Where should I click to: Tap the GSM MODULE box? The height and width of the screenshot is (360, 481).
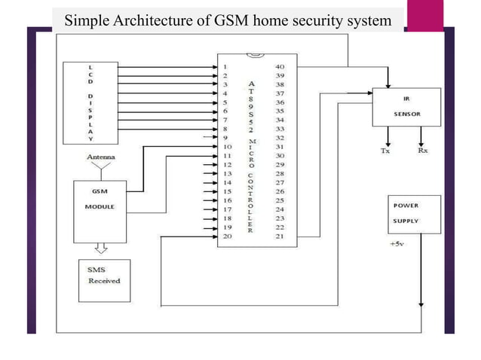(x=100, y=200)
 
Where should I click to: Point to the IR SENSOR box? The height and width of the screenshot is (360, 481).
(x=406, y=106)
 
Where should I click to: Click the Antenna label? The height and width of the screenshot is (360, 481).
(x=101, y=157)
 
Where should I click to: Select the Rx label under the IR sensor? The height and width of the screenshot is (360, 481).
(x=423, y=151)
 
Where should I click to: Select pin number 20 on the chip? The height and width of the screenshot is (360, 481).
(x=227, y=236)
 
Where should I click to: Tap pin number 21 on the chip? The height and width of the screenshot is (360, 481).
(x=280, y=236)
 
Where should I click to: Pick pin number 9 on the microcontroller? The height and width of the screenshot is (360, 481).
(x=225, y=139)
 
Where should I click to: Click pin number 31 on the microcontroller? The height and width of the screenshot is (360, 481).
(x=280, y=148)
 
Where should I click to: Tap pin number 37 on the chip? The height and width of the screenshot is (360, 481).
(x=280, y=94)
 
